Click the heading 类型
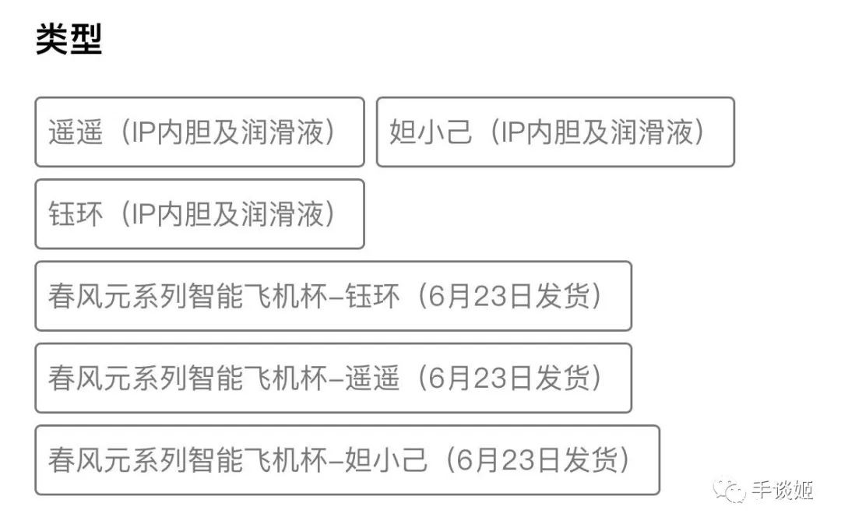click(x=69, y=39)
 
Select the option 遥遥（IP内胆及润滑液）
click(x=199, y=132)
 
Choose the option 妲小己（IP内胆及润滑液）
click(x=555, y=132)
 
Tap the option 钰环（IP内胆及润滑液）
click(x=199, y=214)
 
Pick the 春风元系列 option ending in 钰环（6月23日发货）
click(x=333, y=296)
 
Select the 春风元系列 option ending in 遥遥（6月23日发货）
click(x=333, y=378)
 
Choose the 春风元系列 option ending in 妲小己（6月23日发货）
click(x=347, y=460)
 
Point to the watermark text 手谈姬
click(x=782, y=489)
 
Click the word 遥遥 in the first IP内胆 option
click(x=75, y=132)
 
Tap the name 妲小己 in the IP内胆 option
click(x=431, y=132)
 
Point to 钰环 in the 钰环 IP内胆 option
click(x=75, y=214)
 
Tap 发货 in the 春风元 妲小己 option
click(x=590, y=460)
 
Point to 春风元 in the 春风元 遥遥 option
click(x=89, y=378)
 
